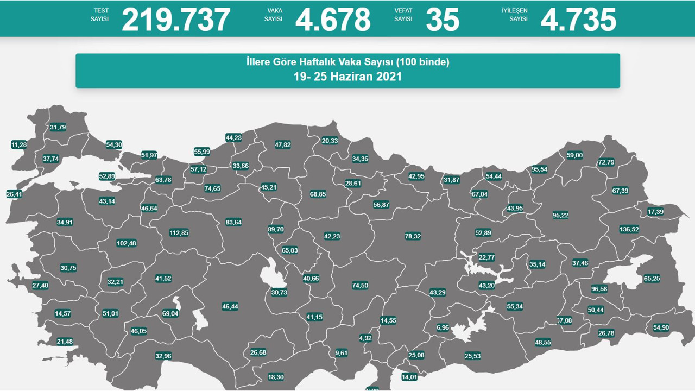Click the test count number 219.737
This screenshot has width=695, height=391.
click(x=176, y=20)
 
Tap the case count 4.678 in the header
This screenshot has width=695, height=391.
click(x=333, y=20)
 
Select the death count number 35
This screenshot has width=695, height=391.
click(x=443, y=20)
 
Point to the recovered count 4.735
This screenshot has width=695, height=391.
click(x=578, y=20)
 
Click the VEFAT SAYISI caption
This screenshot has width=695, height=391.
click(x=403, y=15)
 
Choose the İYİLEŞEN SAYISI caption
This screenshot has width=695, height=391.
click(x=518, y=15)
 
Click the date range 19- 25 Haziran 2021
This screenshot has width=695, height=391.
click(x=347, y=77)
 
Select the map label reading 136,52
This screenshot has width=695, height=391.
click(x=629, y=229)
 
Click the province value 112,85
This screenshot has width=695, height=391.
click(x=179, y=232)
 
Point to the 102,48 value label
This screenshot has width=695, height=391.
click(x=127, y=243)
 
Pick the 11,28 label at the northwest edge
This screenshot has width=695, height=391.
click(x=18, y=145)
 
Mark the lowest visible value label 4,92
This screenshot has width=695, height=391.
click(x=365, y=338)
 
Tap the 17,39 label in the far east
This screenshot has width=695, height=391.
click(x=655, y=212)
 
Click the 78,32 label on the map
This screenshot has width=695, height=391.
click(x=413, y=236)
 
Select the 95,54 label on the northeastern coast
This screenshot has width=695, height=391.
click(x=539, y=169)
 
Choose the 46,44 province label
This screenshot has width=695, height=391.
click(x=230, y=306)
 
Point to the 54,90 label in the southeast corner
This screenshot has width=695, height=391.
click(x=661, y=327)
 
